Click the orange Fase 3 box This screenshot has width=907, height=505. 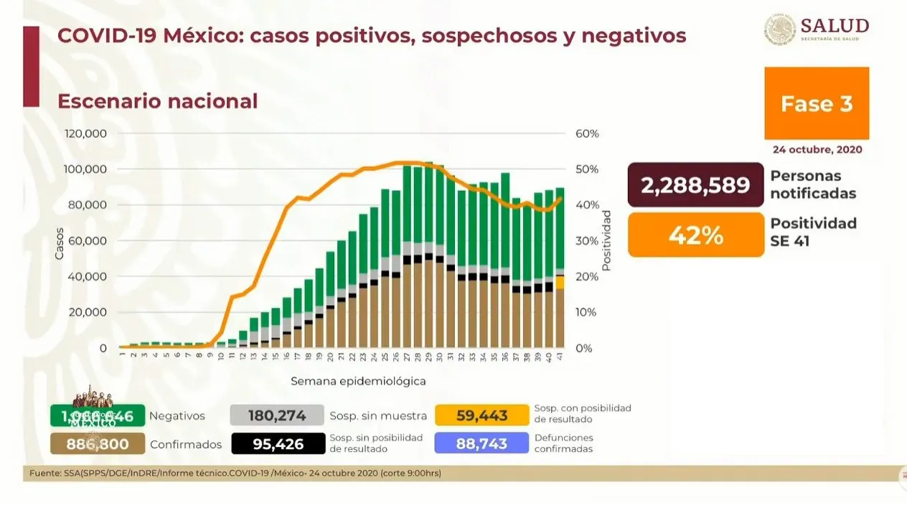click(817, 103)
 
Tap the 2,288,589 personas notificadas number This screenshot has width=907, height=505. click(695, 185)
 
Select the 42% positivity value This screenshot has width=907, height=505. click(695, 235)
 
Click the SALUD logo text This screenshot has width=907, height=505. click(835, 27)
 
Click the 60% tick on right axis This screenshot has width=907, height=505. click(587, 134)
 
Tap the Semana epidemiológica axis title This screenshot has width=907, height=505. click(358, 381)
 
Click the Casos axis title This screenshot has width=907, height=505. click(59, 244)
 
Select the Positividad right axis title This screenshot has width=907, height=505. click(606, 240)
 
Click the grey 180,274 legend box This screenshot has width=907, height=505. click(276, 415)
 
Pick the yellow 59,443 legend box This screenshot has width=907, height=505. click(481, 415)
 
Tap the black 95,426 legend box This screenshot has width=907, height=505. click(277, 444)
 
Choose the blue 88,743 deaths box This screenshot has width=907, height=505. click(481, 444)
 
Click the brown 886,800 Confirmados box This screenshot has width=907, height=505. click(98, 444)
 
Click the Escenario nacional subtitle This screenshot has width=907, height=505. click(157, 101)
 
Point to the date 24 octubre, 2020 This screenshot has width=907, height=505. click(817, 150)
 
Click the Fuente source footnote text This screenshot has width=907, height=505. click(235, 473)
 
